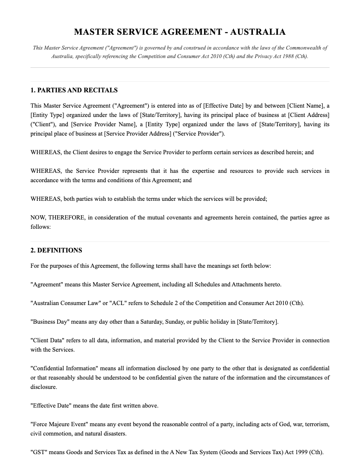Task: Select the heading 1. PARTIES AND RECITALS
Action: [74, 90]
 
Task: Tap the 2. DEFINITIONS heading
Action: [56, 250]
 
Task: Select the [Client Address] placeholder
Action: [309, 115]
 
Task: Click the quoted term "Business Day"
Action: [50, 322]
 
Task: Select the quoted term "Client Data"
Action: [47, 340]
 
